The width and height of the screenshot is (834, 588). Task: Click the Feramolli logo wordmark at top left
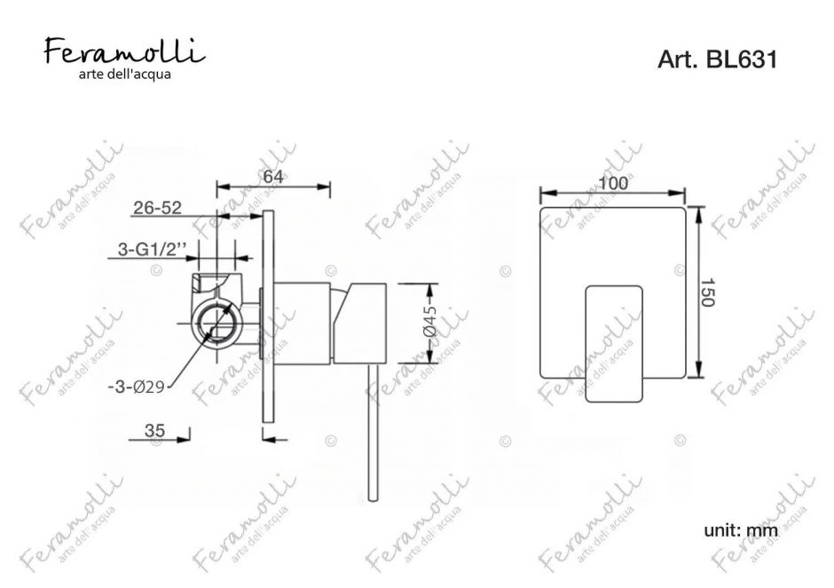124,50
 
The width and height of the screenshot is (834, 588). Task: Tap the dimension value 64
272,176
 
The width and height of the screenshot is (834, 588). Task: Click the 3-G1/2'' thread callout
152,252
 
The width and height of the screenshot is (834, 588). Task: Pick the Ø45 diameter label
430,325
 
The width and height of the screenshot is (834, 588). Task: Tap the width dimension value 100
613,183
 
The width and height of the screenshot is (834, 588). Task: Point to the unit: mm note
740,530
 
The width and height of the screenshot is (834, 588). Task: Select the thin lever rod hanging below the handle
370,435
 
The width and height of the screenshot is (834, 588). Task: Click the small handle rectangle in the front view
613,343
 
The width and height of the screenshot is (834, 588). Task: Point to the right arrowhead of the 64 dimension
326,186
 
